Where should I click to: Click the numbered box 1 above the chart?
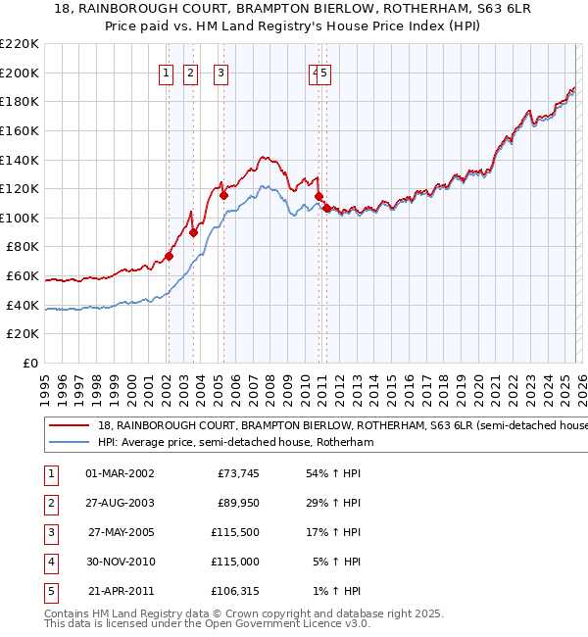click(x=167, y=73)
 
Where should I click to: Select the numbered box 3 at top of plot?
click(x=221, y=73)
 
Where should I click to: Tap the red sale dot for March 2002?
click(x=169, y=257)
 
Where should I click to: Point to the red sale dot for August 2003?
click(x=194, y=232)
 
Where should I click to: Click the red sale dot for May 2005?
click(x=223, y=195)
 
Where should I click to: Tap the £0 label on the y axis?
click(x=31, y=363)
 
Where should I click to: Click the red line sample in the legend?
click(x=69, y=426)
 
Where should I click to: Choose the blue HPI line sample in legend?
click(x=69, y=443)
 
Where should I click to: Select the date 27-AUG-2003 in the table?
click(x=121, y=503)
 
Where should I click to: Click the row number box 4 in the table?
click(x=50, y=562)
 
